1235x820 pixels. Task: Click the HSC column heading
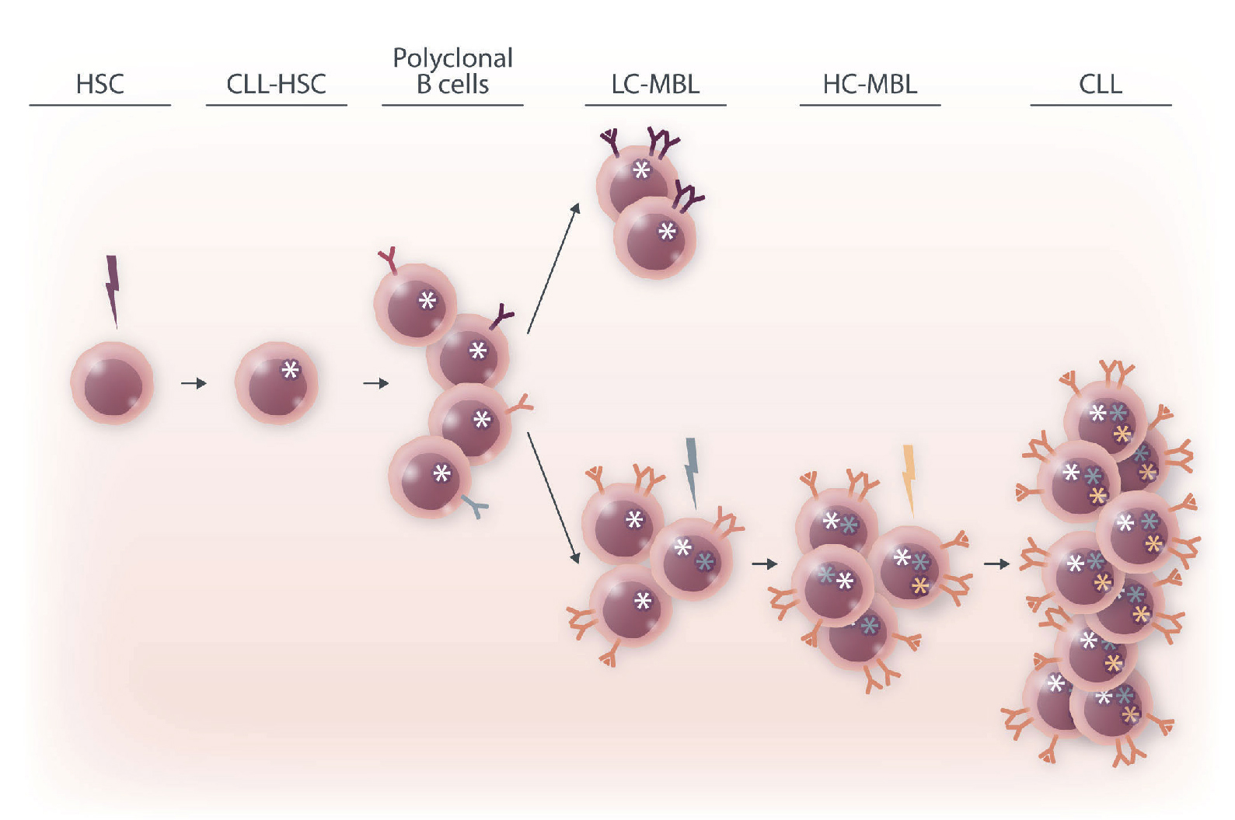pos(99,84)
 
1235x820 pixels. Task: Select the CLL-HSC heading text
pos(276,84)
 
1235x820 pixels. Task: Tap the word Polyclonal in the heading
pos(452,58)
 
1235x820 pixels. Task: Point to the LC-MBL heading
pos(655,84)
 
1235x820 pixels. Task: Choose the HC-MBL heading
pos(870,84)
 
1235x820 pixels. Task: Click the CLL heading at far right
pos(1100,84)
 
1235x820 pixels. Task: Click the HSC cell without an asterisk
pos(112,383)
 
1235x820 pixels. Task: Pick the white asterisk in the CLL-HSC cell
pos(290,370)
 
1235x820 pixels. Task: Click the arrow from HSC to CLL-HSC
pos(194,383)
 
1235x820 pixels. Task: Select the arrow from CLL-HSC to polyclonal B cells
pos(375,383)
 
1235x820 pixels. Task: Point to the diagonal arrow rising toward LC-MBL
pos(553,268)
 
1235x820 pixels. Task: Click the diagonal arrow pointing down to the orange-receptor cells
pos(553,497)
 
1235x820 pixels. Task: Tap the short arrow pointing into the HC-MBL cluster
pos(764,564)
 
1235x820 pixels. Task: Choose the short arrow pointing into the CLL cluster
pos(996,564)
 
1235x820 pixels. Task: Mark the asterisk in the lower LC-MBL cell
pos(667,232)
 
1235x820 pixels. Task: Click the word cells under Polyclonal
pos(464,85)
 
